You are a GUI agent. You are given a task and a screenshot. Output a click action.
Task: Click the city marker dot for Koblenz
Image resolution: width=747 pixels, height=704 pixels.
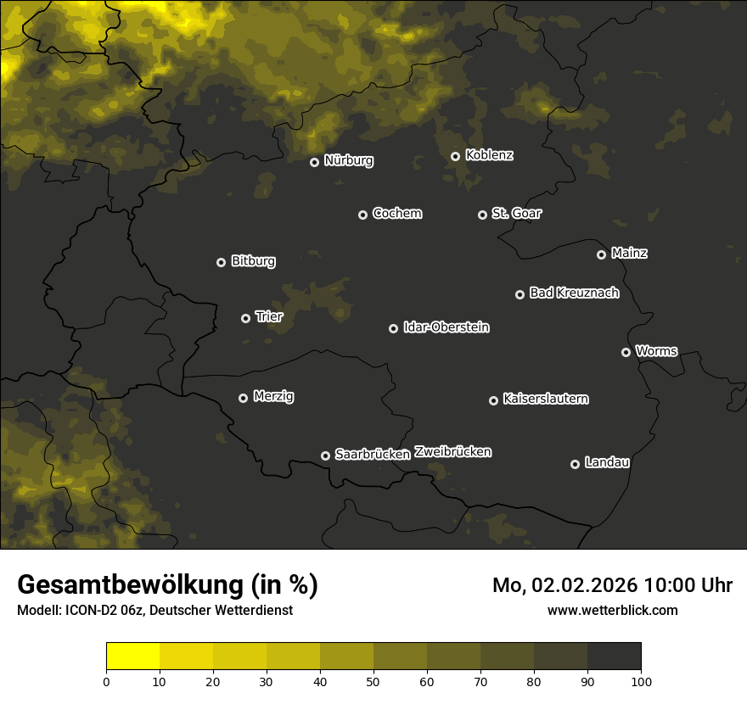455,156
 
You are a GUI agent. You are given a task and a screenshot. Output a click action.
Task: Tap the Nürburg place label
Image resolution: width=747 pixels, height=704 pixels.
348,160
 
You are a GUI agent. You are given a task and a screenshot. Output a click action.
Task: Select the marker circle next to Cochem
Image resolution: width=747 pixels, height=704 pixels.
362,215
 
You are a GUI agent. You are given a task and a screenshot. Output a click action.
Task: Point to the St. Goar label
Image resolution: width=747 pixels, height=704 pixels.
516,213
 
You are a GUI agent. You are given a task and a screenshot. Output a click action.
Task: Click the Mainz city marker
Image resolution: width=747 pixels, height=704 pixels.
601,254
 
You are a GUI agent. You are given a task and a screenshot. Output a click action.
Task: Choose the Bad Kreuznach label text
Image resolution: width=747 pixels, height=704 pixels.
574,293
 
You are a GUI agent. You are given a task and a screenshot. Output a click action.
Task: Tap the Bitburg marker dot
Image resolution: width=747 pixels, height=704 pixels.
221,262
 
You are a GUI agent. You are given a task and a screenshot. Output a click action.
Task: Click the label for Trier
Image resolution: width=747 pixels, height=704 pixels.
268,316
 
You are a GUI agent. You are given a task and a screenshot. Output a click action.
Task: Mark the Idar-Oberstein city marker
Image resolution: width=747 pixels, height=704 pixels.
393,328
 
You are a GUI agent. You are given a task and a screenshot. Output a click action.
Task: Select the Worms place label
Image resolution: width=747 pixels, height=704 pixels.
656,350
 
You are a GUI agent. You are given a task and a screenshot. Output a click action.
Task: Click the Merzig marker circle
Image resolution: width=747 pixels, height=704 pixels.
243,398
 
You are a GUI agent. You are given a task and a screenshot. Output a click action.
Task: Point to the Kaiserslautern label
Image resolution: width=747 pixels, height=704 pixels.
545,399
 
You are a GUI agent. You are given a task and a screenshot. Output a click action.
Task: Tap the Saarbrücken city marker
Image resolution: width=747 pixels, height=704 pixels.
325,455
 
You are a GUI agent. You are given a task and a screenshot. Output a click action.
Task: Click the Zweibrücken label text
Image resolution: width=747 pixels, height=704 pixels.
452,452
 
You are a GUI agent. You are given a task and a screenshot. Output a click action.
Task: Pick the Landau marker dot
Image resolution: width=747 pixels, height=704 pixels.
575,464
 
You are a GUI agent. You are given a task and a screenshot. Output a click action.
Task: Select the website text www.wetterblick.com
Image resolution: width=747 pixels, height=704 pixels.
612,610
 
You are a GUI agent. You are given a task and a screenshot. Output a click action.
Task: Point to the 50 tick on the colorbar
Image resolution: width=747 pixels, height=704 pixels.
373,680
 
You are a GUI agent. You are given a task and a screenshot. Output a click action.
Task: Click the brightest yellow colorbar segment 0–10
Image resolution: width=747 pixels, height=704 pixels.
132,657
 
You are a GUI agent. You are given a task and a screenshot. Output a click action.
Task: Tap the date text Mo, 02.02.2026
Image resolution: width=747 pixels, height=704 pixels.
565,585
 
